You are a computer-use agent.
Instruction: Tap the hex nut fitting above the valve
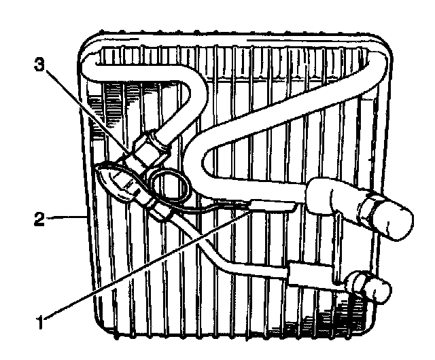coord(151,145)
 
